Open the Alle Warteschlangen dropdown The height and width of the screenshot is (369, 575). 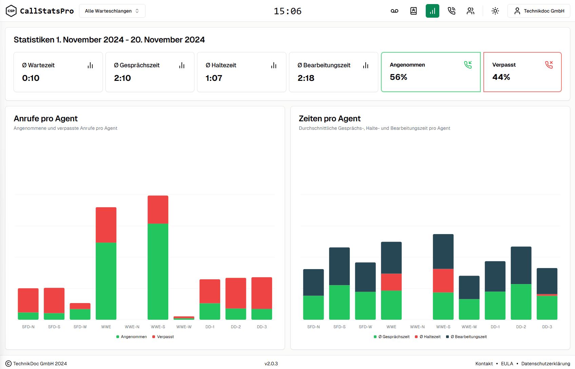click(x=112, y=11)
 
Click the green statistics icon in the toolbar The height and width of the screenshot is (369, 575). click(x=432, y=11)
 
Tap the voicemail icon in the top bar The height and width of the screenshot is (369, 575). click(x=394, y=11)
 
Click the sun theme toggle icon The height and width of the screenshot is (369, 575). click(x=495, y=11)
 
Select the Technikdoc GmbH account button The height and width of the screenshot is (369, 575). click(x=539, y=11)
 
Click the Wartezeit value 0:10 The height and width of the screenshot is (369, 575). click(x=31, y=78)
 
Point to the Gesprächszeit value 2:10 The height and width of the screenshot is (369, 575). click(x=122, y=78)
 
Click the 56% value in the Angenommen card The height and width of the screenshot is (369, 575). click(x=398, y=77)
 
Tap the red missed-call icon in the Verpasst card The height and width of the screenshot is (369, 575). click(x=549, y=65)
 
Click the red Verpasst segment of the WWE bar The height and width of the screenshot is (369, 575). click(x=106, y=225)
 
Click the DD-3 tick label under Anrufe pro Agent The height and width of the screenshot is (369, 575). click(x=262, y=327)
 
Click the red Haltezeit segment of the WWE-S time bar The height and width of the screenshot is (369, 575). click(x=443, y=280)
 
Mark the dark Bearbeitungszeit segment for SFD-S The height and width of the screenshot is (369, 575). click(x=339, y=266)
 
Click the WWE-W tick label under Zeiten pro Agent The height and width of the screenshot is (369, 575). click(x=469, y=327)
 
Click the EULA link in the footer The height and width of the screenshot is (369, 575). click(x=507, y=364)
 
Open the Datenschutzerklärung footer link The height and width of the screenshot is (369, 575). click(x=545, y=364)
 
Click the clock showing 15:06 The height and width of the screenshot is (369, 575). click(x=287, y=11)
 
